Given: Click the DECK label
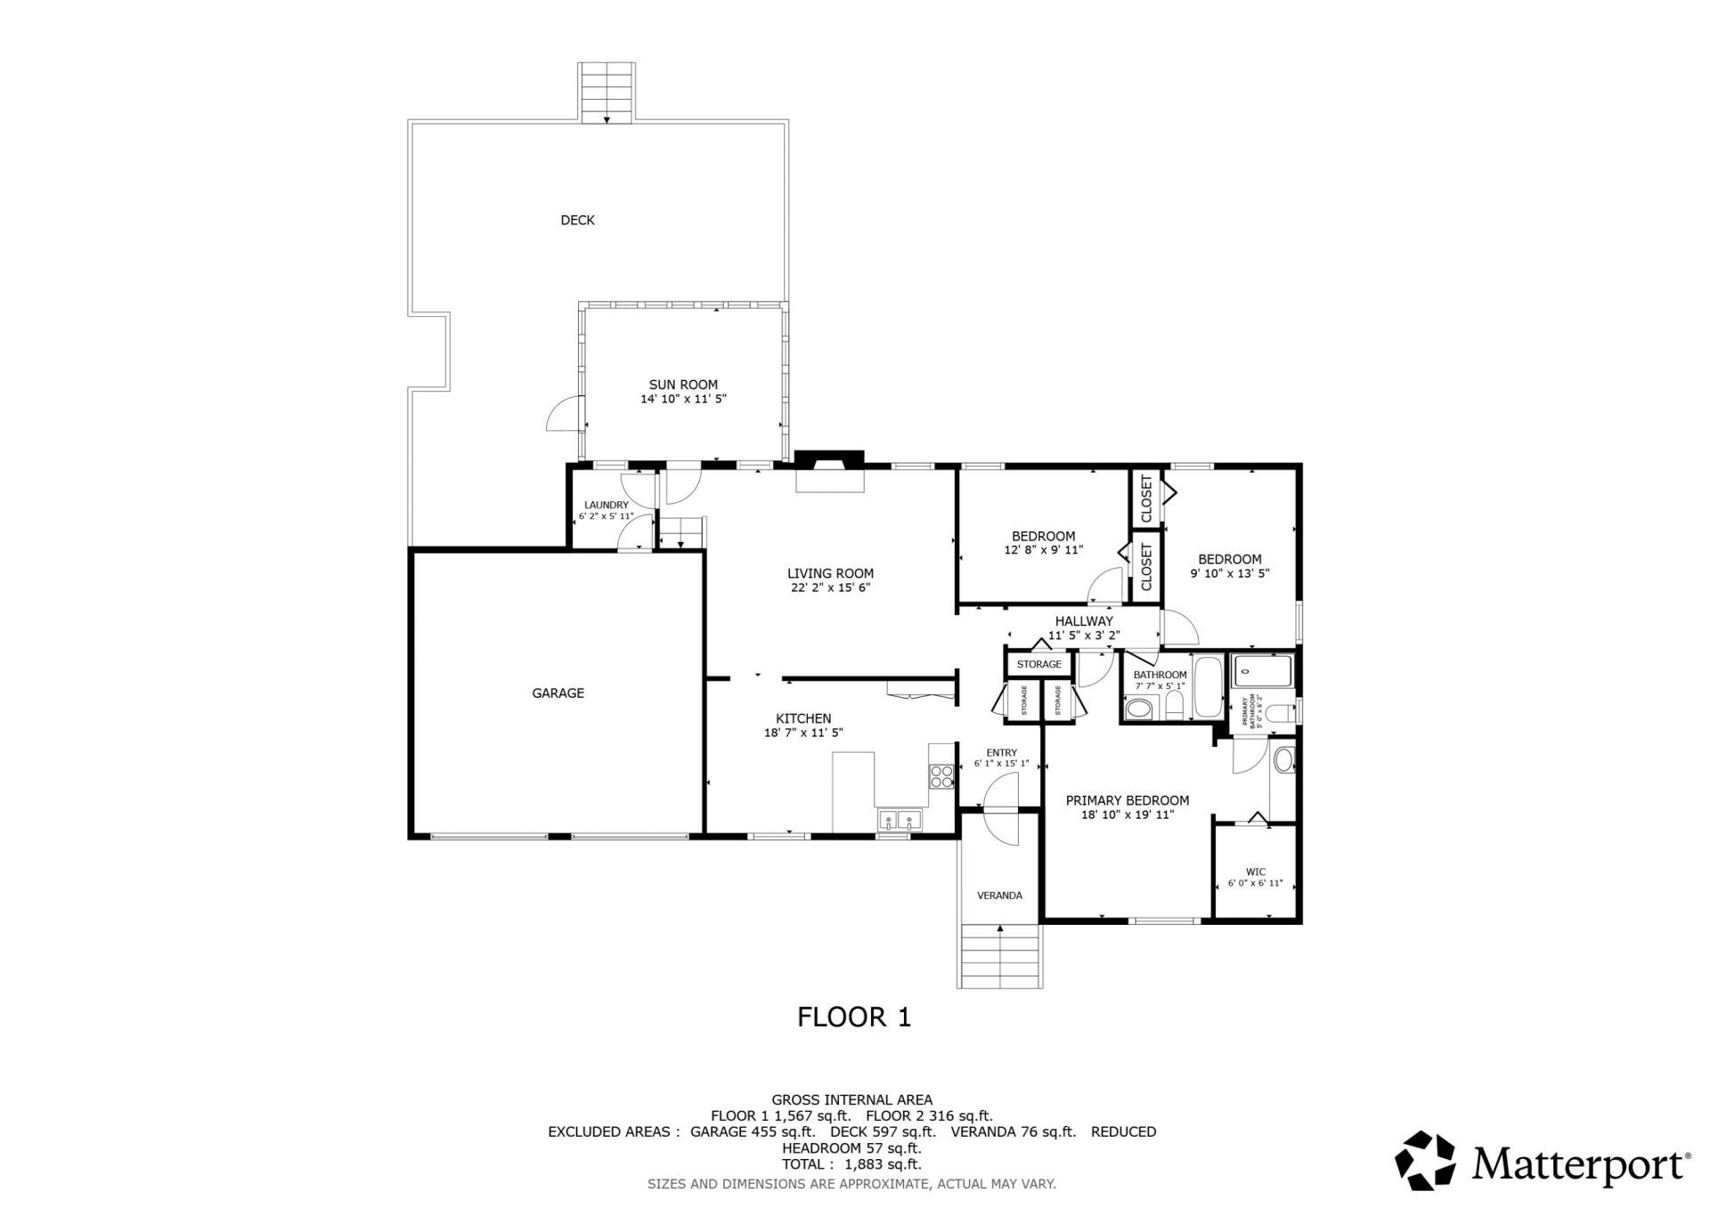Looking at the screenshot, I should point(577,220).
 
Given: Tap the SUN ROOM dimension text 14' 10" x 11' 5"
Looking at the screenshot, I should point(683,400).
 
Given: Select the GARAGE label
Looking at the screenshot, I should point(558,693).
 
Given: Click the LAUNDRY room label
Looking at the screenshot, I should point(606,505).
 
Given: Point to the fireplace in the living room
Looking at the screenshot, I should point(829,471).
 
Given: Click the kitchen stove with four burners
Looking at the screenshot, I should point(940,777).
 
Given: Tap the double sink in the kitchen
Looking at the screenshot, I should point(900,819).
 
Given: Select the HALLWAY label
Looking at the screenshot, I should point(1083,621).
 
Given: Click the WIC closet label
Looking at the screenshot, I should point(1255,872).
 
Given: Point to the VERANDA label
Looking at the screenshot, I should point(999,896).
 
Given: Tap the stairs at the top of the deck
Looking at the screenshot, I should point(607,92).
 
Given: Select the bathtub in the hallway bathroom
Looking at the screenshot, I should point(1208,686).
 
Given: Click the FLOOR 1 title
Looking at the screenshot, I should point(853,1017).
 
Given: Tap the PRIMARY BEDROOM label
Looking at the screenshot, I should point(1127,800).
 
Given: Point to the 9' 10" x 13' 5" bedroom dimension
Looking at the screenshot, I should point(1229,574).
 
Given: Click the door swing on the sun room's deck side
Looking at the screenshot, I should point(563,415).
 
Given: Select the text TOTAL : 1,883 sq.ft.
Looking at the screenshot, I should point(851,1163).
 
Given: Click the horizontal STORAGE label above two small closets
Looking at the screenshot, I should point(1038,664).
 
